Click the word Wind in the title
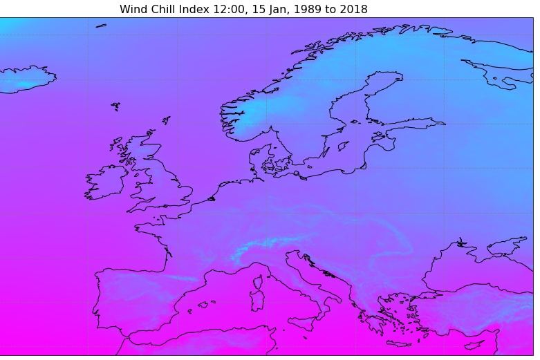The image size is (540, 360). coord(133,9)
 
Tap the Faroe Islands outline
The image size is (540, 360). coord(115,106)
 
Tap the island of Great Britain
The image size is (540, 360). coord(156,180)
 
